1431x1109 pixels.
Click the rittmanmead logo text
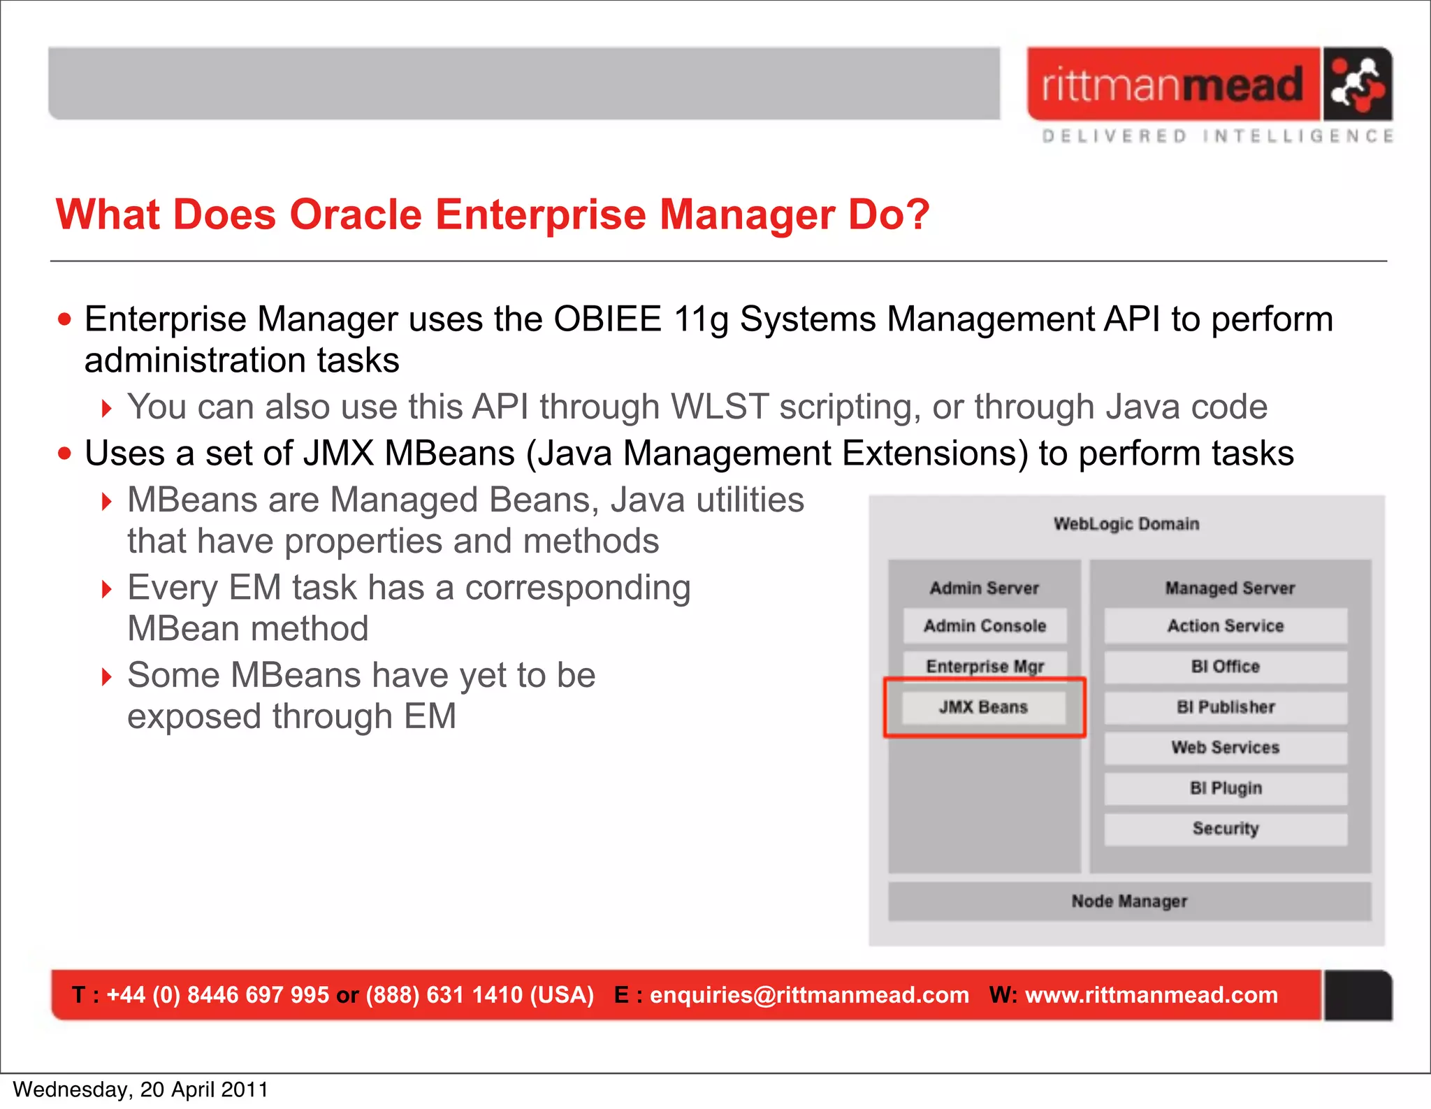pos(1172,85)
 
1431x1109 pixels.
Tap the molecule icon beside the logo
pos(1356,84)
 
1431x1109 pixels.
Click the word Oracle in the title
pos(355,215)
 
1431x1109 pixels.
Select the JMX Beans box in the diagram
pos(983,707)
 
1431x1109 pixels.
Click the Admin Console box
pos(985,625)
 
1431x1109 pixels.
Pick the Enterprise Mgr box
pos(985,665)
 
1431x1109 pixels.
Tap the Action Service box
pos(1225,625)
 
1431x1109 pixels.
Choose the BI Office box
pos(1225,666)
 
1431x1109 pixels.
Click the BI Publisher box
pos(1225,707)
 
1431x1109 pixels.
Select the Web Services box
pos(1225,748)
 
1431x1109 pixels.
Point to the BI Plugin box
pos(1225,788)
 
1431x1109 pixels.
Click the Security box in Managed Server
pos(1225,829)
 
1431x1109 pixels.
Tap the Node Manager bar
pos(1129,901)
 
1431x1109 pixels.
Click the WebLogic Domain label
pos(1126,524)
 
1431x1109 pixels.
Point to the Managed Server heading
pos(1229,588)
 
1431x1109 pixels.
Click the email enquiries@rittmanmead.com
pos(809,995)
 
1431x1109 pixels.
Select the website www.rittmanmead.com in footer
pos(1151,995)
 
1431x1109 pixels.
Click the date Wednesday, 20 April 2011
pos(140,1089)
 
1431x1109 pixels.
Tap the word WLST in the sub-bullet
pos(719,407)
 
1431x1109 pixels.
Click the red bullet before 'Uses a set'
pos(65,454)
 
